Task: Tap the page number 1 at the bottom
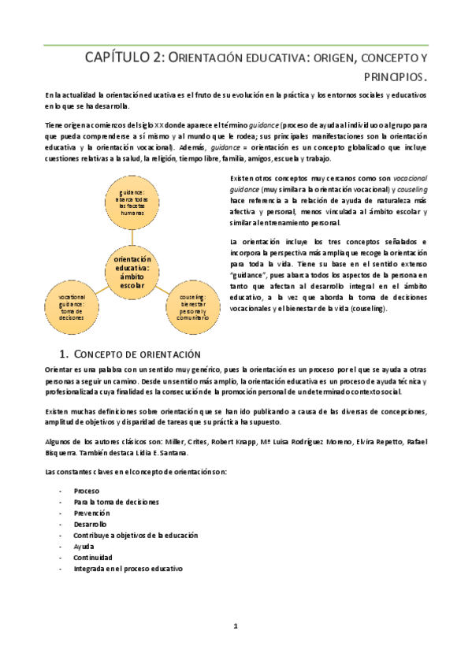(235, 626)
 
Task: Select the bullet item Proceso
(87, 490)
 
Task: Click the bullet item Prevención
(93, 512)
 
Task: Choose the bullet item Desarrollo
(91, 523)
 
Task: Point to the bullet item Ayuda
(84, 545)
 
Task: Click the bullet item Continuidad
(93, 557)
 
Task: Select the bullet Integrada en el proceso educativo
(128, 568)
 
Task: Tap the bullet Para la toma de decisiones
(116, 501)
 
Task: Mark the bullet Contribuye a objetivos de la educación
(135, 534)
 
